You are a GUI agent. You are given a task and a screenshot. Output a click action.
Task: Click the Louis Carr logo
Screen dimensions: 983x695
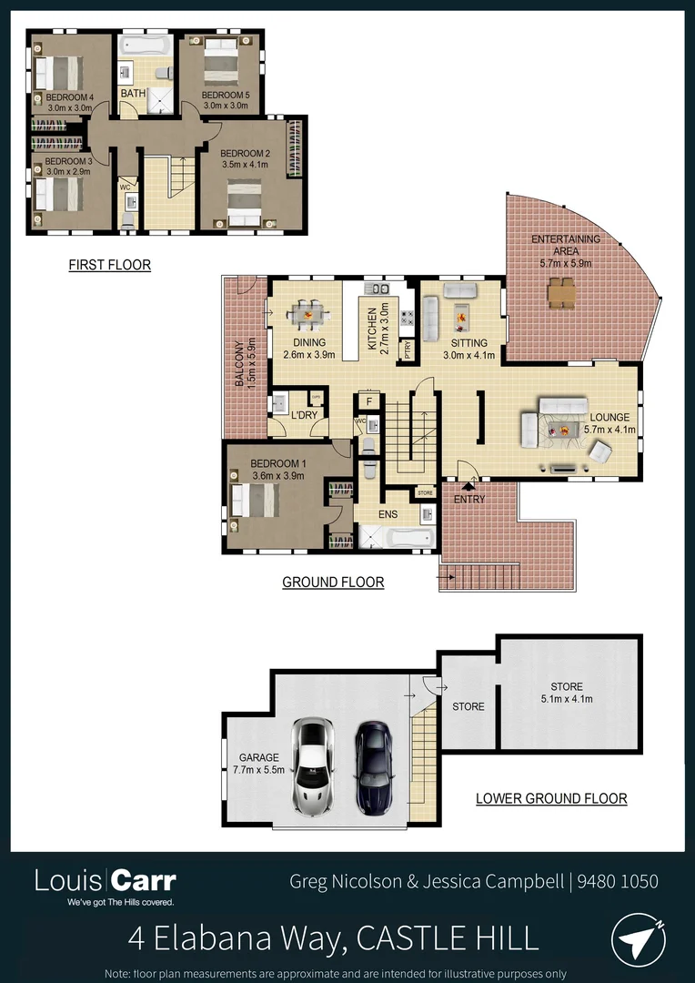coord(105,881)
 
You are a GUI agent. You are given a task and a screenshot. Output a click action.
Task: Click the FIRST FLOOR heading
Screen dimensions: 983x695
coord(109,266)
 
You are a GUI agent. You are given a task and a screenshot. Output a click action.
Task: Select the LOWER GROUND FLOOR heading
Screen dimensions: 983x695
coord(551,799)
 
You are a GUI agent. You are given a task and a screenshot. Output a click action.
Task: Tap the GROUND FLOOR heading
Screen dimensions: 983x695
coord(333,583)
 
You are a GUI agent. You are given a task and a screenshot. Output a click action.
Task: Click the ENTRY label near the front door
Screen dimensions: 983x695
coord(469,500)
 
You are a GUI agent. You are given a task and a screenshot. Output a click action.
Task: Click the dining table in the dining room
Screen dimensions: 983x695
coord(307,315)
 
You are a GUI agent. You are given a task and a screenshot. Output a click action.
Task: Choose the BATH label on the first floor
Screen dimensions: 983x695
coord(133,94)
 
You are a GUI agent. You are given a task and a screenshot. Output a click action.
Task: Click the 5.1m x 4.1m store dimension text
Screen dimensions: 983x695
coord(566,699)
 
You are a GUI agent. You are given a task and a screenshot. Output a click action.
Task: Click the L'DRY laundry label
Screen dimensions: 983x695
coord(304,416)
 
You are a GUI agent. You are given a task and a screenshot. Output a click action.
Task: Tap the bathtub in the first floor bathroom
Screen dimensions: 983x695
coord(146,45)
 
